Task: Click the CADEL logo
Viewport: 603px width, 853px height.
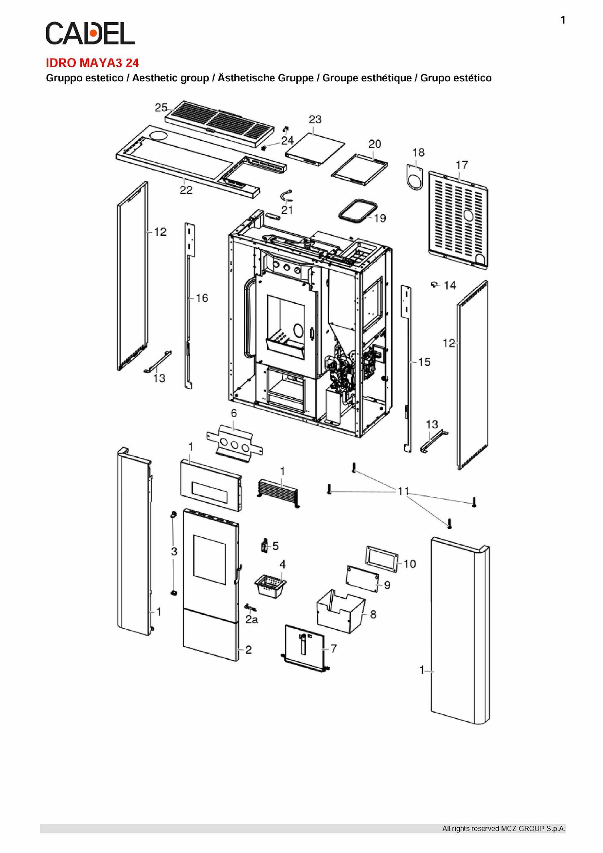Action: pyautogui.click(x=90, y=33)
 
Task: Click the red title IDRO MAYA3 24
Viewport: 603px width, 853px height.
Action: pyautogui.click(x=92, y=63)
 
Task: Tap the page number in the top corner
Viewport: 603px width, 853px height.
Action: pyautogui.click(x=563, y=20)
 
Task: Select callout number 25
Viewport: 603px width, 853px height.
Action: pyautogui.click(x=161, y=108)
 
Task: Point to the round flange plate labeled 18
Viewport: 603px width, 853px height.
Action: pyautogui.click(x=414, y=177)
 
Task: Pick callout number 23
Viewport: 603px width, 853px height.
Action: pyautogui.click(x=315, y=119)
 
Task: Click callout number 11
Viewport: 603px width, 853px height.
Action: pyautogui.click(x=403, y=491)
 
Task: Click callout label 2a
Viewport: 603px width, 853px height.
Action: pyautogui.click(x=252, y=619)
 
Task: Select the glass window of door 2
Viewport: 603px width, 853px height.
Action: pyautogui.click(x=210, y=560)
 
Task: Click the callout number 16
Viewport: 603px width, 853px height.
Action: pyautogui.click(x=202, y=298)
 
